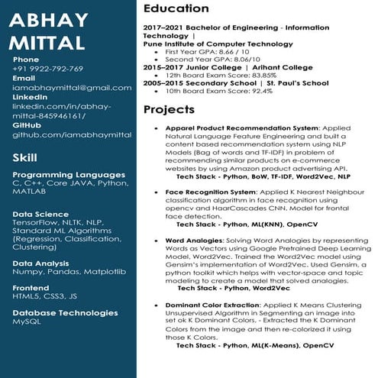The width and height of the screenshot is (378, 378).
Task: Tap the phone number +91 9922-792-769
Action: coord(47,69)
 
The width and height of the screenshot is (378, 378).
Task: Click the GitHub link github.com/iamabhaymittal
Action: coord(62,135)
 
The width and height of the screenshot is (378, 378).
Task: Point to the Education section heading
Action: coord(176,8)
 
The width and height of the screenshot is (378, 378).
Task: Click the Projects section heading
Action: coord(169,110)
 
